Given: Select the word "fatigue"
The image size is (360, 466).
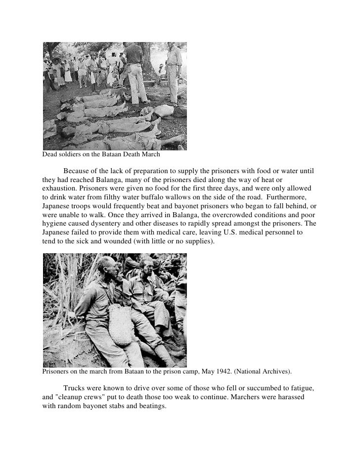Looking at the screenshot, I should (300, 388).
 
